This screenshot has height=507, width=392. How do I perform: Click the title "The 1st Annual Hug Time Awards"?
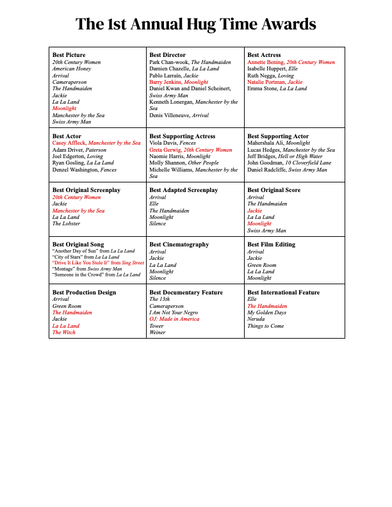pos(196,24)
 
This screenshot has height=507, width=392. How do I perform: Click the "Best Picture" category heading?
pos(69,55)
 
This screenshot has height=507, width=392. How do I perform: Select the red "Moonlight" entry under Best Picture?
pos(64,109)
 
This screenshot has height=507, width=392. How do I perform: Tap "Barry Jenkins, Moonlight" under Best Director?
pos(179,82)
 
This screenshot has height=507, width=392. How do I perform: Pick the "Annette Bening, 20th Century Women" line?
pos(291,62)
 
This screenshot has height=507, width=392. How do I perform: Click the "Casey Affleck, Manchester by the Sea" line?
pos(96,143)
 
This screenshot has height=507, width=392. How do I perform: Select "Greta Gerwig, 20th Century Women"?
pos(191,150)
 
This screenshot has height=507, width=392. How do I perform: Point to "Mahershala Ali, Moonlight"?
pos(279,143)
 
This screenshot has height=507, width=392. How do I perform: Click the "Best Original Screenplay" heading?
pos(86,190)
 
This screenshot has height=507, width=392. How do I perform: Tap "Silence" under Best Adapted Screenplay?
pos(158,223)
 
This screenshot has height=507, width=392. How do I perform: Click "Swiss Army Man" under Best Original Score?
pos(266,230)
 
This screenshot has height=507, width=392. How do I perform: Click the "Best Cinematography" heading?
pos(179,245)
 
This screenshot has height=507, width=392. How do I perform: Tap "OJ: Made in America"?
pos(174,319)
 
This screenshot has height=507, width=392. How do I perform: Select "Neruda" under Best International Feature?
pos(256,319)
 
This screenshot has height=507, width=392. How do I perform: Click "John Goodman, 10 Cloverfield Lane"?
pos(289,163)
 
